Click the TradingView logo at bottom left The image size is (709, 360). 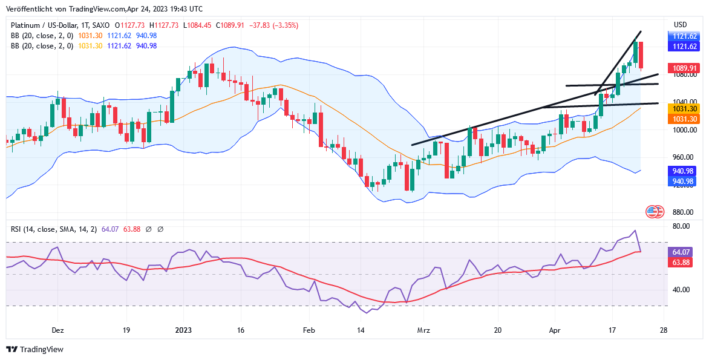tap(34, 349)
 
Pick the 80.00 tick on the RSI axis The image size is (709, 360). tap(682, 226)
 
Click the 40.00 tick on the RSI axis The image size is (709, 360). tap(682, 289)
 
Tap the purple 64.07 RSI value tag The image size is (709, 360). tap(682, 252)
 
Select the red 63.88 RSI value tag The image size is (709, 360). tap(682, 263)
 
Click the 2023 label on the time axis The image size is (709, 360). tap(183, 330)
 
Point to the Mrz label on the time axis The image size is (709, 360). tap(424, 330)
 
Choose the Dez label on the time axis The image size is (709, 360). tap(58, 330)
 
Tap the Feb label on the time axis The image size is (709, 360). tap(309, 330)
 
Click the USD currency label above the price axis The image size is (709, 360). tap(681, 25)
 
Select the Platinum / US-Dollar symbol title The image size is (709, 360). tap(46, 25)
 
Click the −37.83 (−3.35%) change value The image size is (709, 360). tap(276, 25)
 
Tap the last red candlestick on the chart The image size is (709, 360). tap(641, 55)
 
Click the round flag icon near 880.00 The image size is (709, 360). tap(652, 212)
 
